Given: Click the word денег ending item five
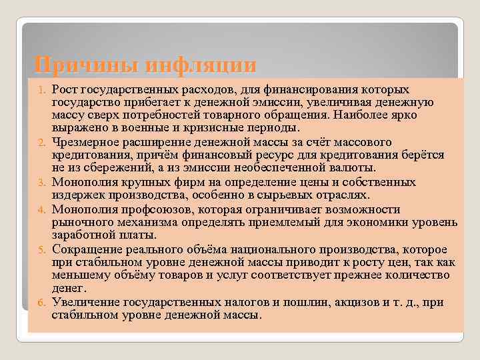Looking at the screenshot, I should (x=69, y=288).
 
